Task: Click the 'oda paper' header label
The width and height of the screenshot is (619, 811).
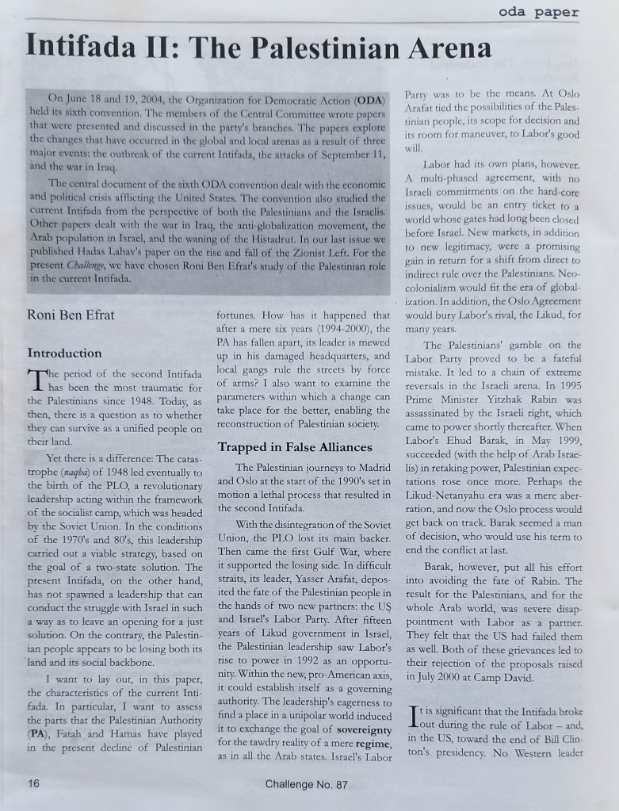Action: (539, 12)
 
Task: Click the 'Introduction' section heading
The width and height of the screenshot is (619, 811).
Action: (64, 353)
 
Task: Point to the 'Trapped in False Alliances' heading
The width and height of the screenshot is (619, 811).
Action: (289, 446)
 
